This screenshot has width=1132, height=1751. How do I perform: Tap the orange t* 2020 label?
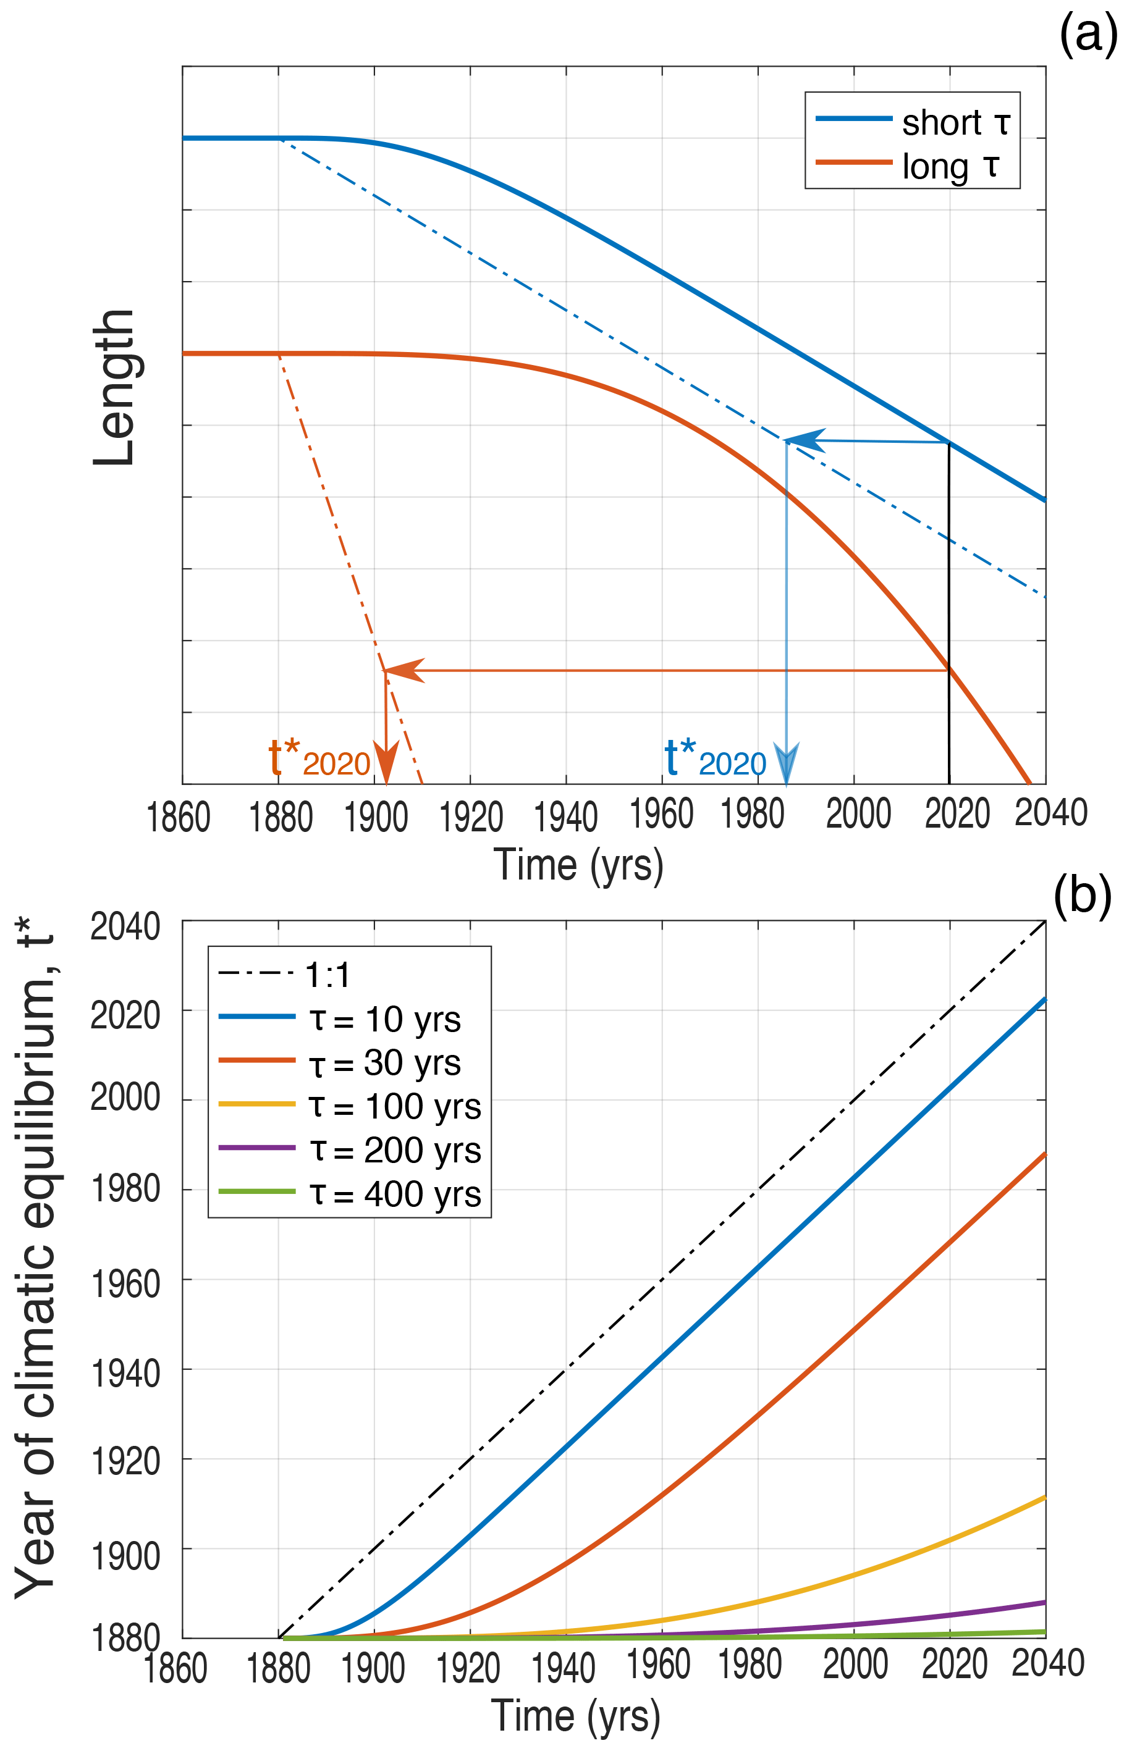[x=319, y=759]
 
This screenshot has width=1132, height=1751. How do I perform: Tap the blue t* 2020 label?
[x=714, y=759]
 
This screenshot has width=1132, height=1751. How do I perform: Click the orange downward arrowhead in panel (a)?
[x=386, y=764]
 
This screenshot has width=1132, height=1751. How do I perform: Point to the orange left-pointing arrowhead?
[x=405, y=670]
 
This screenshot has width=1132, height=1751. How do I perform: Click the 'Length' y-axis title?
[x=114, y=388]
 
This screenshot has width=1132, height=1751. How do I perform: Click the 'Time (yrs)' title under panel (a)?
[x=578, y=865]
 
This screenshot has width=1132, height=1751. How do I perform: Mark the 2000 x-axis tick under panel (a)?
[x=858, y=814]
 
